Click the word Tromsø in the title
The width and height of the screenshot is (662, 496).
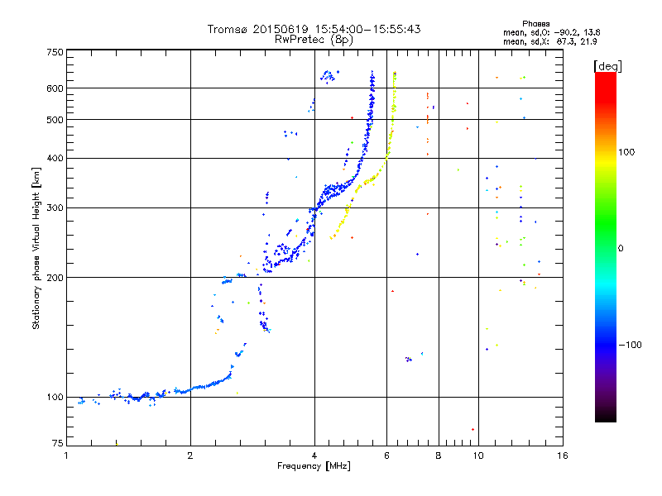pos(228,29)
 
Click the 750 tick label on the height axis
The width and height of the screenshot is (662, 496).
pos(55,51)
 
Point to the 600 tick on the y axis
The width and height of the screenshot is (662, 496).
pos(55,88)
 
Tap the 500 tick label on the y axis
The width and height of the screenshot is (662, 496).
pos(55,120)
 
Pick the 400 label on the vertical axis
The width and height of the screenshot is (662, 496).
pos(55,158)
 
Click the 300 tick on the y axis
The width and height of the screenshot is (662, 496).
pos(55,207)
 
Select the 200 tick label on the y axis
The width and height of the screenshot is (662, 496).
pos(55,277)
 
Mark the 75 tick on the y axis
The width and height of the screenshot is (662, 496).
pos(57,446)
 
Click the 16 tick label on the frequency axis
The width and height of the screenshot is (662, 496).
pos(562,455)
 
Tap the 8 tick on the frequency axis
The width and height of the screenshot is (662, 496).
pos(439,455)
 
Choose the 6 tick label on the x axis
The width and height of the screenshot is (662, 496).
pos(387,455)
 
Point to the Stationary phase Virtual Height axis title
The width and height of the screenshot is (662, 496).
pos(36,249)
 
